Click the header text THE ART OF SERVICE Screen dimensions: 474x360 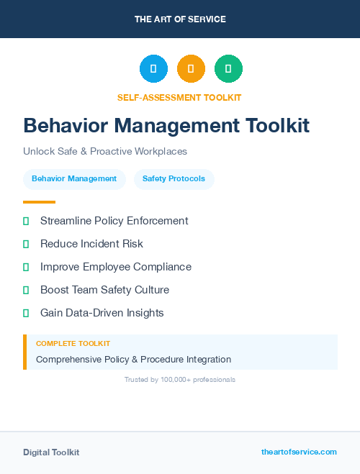tap(180, 19)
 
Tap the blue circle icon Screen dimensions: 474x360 tap(153, 69)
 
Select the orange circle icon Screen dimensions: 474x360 tap(191, 69)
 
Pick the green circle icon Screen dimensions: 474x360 tap(228, 69)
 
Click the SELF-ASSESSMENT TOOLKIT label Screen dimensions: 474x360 tap(179, 97)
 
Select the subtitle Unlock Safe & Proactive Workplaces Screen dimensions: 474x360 tap(105, 152)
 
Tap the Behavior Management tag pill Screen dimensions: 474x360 tap(74, 179)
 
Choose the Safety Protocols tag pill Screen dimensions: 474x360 tap(174, 179)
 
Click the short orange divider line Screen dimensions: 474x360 tap(39, 202)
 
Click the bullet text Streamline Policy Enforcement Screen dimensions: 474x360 tap(114, 221)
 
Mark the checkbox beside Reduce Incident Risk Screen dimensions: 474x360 tap(26, 244)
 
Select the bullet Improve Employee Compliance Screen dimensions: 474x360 tap(115, 267)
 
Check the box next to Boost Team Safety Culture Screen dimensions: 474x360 tap(26, 290)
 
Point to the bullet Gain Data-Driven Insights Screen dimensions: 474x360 tap(102, 313)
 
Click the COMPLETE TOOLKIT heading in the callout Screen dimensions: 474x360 tap(73, 344)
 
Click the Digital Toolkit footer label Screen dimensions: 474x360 tap(51, 452)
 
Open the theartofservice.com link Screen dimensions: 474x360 tap(299, 452)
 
